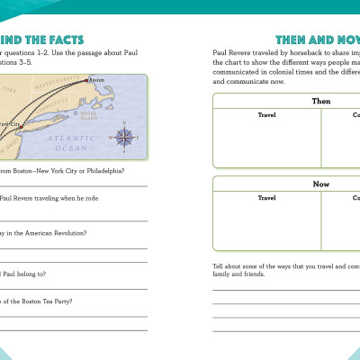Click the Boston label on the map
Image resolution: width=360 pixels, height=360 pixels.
97,80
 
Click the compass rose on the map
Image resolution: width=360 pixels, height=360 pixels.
124,137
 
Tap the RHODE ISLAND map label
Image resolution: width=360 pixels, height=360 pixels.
88,115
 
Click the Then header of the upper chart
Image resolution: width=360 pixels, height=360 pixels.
321,102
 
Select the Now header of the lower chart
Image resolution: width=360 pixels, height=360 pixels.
321,184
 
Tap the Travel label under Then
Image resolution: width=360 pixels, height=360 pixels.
266,115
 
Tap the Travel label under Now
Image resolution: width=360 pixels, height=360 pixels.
266,197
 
